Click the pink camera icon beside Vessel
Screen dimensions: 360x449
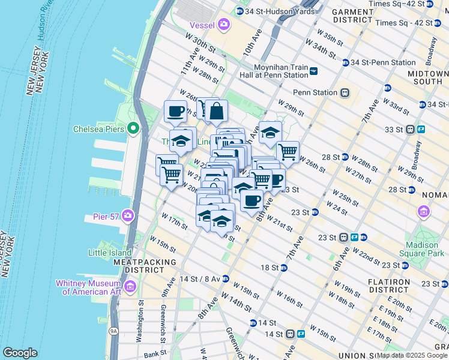coord(224,25)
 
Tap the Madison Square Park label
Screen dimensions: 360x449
coord(424,249)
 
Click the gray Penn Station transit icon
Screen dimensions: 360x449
coord(345,92)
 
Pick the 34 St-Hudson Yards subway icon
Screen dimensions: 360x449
coord(240,11)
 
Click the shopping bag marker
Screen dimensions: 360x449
coord(217,110)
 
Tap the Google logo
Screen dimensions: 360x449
coord(20,353)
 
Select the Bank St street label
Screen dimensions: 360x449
coord(154,355)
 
